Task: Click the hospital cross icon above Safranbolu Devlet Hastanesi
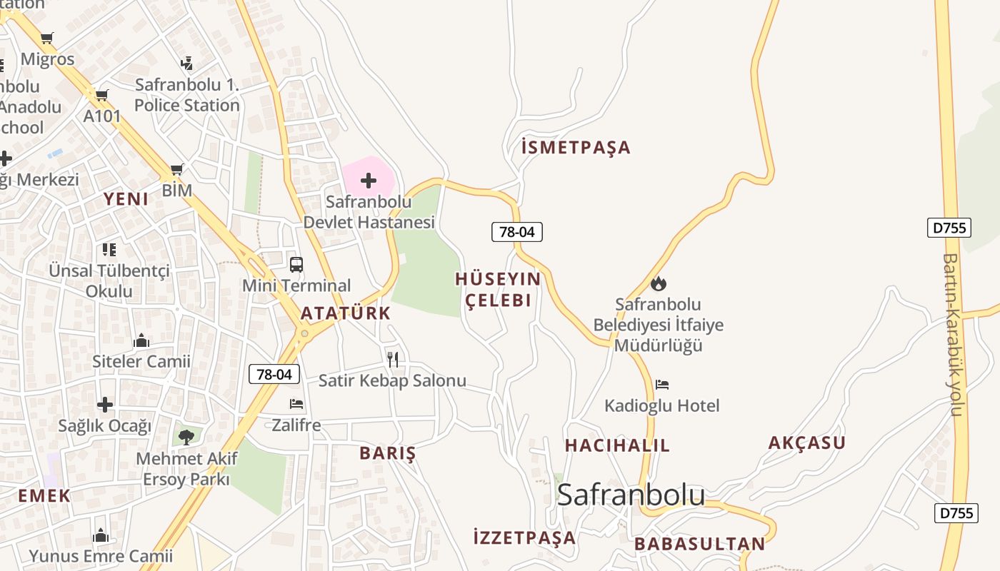tap(369, 181)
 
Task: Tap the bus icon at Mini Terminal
tap(296, 265)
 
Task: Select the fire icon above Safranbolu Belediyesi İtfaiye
tap(659, 283)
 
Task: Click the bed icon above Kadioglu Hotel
tap(662, 385)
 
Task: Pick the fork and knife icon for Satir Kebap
tap(392, 359)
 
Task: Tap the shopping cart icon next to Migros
tap(47, 39)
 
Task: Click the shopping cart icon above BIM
tap(176, 170)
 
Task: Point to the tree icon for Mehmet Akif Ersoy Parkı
tap(186, 436)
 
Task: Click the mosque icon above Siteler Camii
tap(141, 340)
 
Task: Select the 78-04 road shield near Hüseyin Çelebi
tap(517, 231)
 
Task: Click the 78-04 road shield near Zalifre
tap(274, 374)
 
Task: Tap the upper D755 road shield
tap(949, 228)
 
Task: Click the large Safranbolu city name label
tap(631, 495)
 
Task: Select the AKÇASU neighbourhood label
tap(807, 443)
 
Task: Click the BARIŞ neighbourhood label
tap(387, 453)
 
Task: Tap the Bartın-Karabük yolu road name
tap(954, 335)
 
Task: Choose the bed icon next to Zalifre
tap(296, 405)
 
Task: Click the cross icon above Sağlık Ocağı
tap(105, 405)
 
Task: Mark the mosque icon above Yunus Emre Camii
tap(101, 535)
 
